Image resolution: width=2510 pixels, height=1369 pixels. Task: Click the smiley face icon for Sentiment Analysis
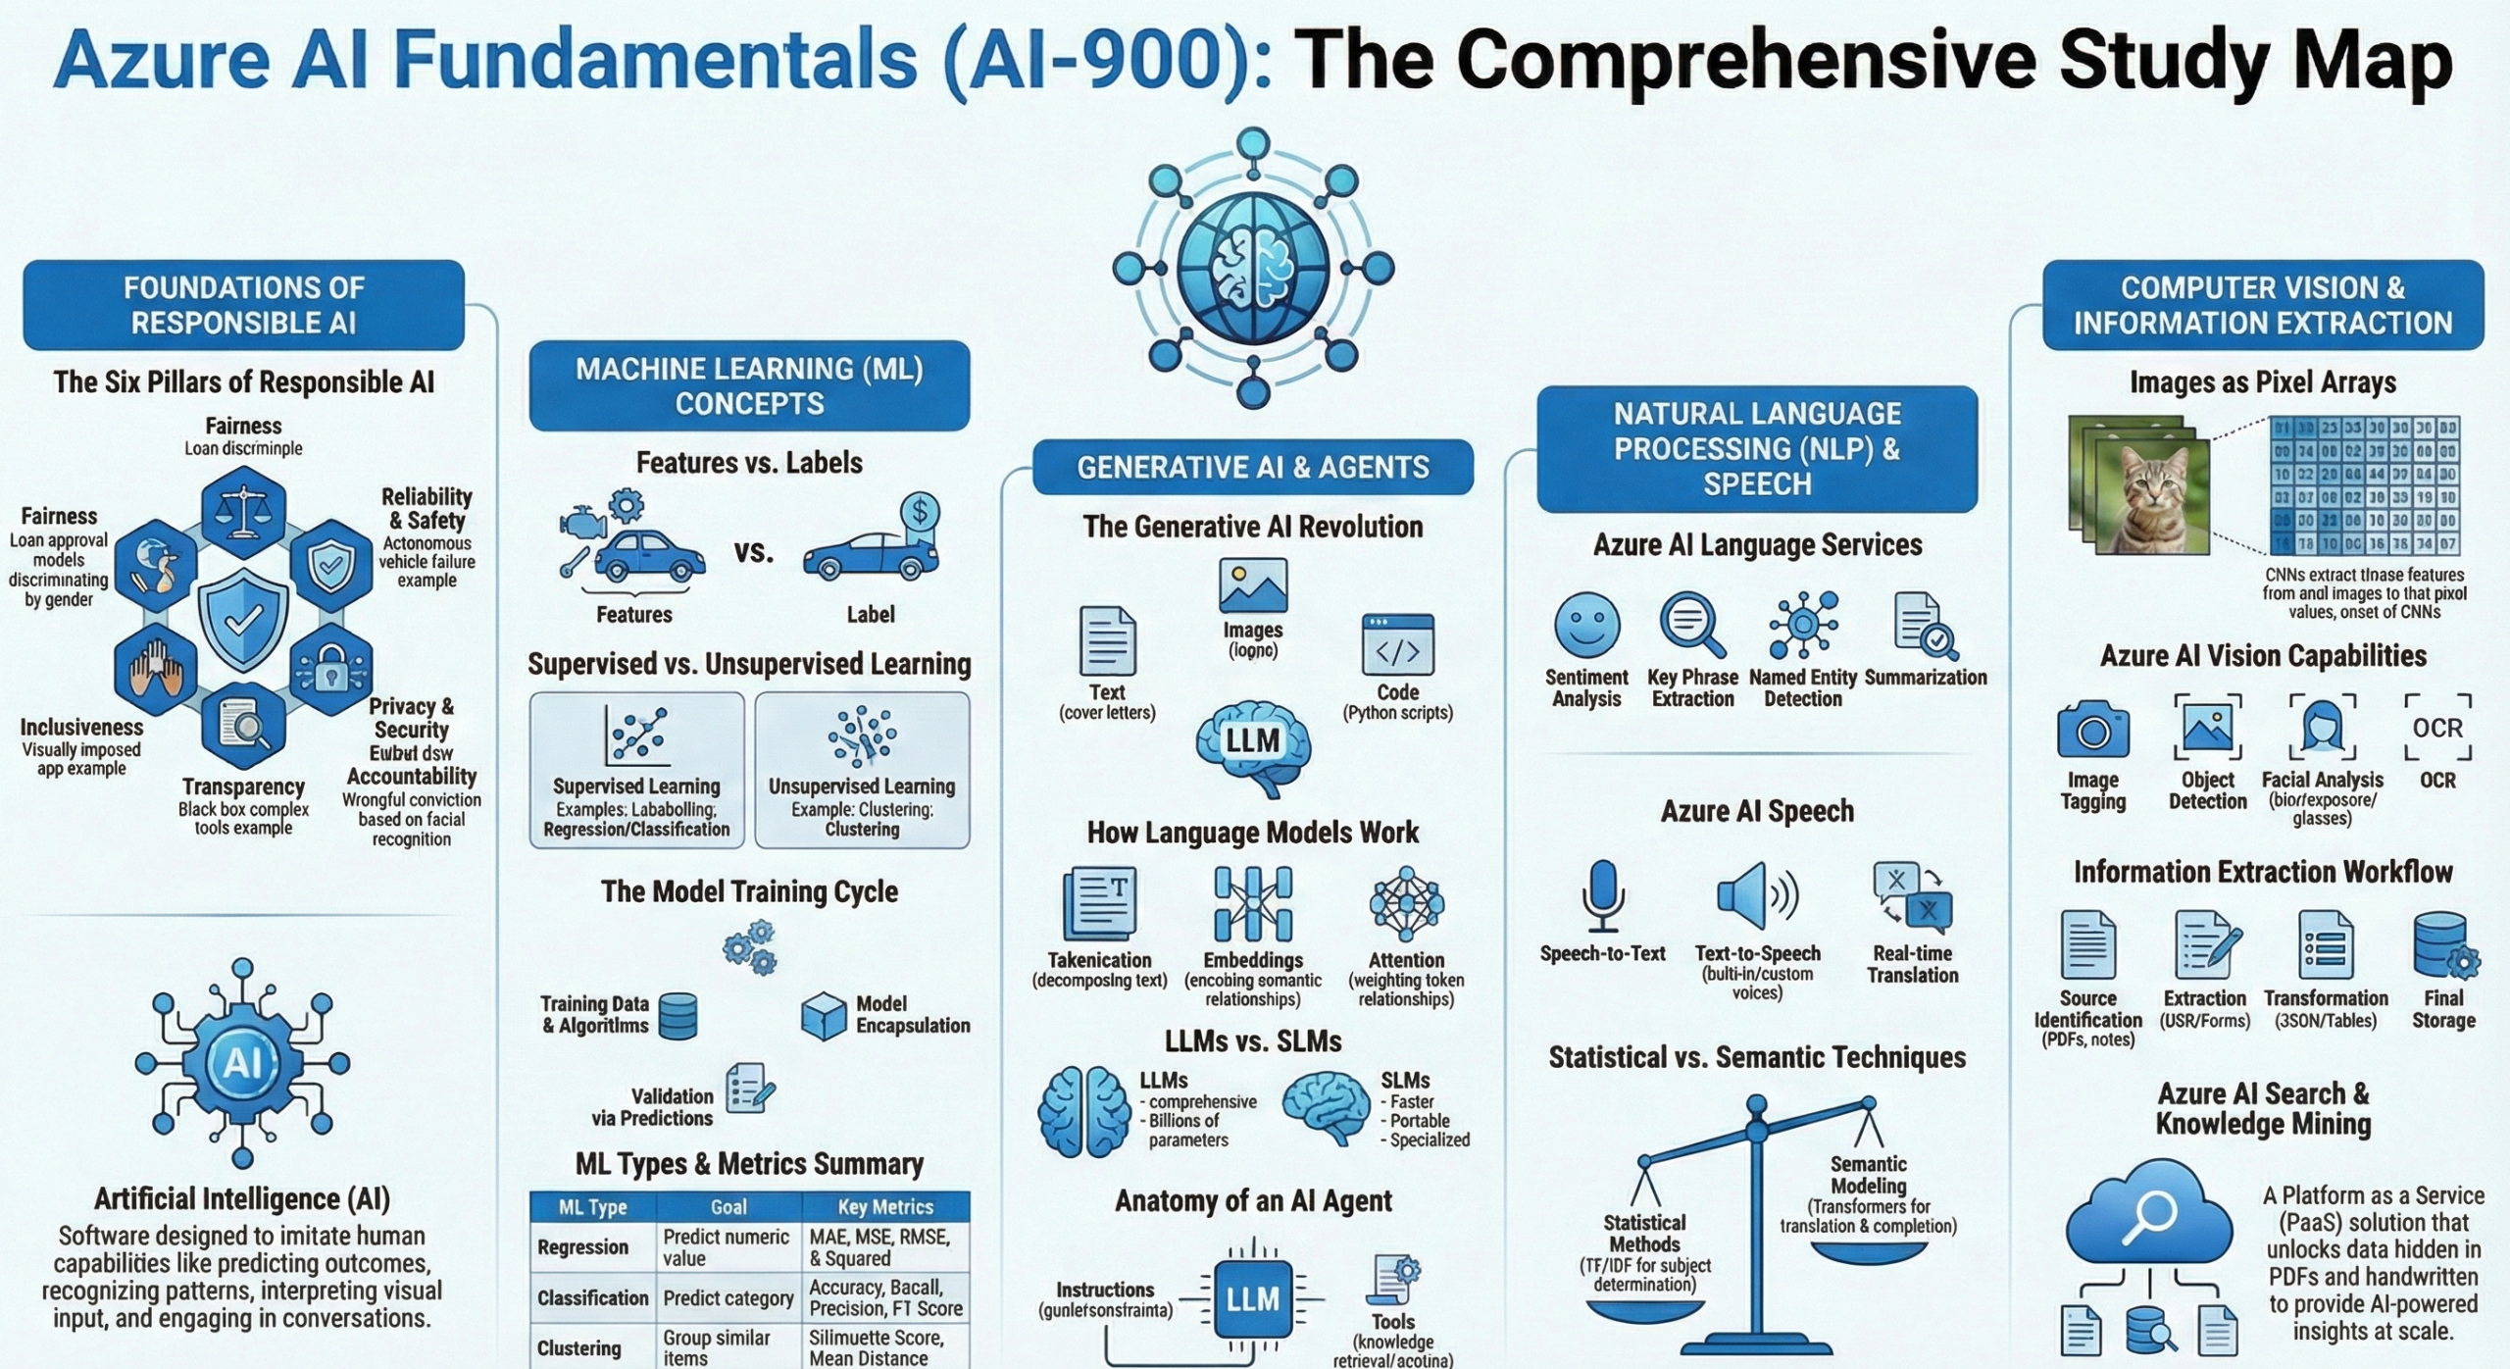(x=1586, y=625)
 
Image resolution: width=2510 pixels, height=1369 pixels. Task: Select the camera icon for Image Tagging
(x=2093, y=730)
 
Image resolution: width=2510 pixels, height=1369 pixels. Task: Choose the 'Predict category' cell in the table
(x=728, y=1298)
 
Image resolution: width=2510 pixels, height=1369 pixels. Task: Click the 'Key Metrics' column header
(x=885, y=1207)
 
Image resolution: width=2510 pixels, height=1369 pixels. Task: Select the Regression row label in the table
(x=583, y=1247)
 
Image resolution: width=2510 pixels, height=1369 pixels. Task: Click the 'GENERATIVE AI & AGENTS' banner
(x=1253, y=467)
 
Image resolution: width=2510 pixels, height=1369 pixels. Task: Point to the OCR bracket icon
(x=2437, y=728)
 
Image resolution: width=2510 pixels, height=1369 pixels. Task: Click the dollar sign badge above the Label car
(x=919, y=512)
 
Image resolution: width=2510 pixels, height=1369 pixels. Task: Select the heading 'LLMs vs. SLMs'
(x=1253, y=1041)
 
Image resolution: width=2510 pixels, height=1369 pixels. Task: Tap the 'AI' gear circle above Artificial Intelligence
(x=241, y=1063)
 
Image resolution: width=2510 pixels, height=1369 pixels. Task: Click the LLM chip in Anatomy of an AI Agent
(x=1252, y=1300)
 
